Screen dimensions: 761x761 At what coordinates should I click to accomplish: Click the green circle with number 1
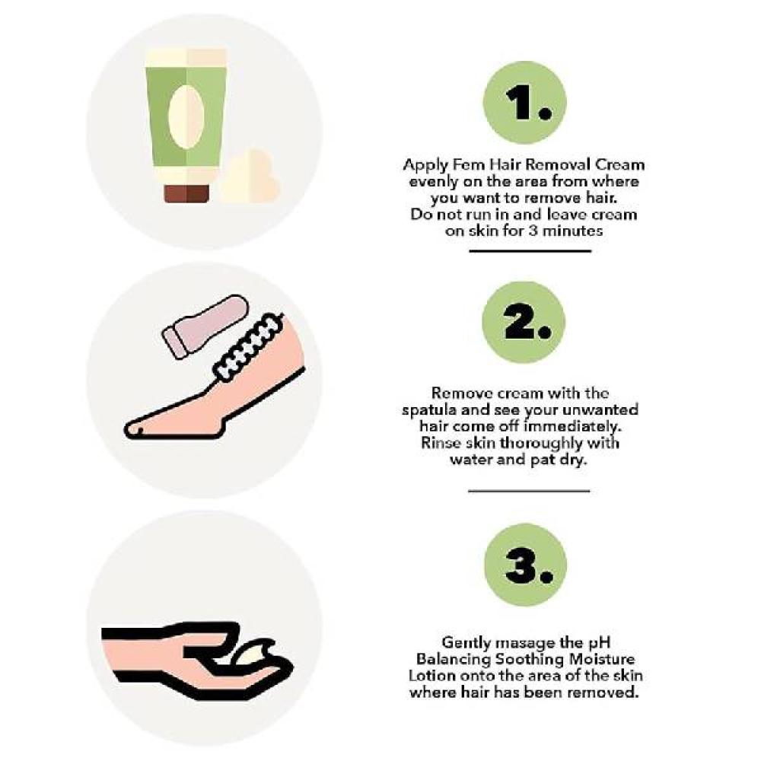coord(524,102)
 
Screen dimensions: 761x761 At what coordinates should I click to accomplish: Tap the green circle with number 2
coord(524,322)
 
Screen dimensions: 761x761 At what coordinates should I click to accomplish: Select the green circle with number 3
coord(526,565)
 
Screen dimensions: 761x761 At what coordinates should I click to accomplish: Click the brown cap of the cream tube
coord(186,193)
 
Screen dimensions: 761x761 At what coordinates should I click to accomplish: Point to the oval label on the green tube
coord(186,116)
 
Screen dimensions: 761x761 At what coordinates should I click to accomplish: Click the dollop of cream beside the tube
coord(250,177)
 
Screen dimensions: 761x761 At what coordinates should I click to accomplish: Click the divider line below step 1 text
coord(530,251)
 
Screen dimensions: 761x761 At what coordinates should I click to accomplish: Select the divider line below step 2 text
coord(529,491)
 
